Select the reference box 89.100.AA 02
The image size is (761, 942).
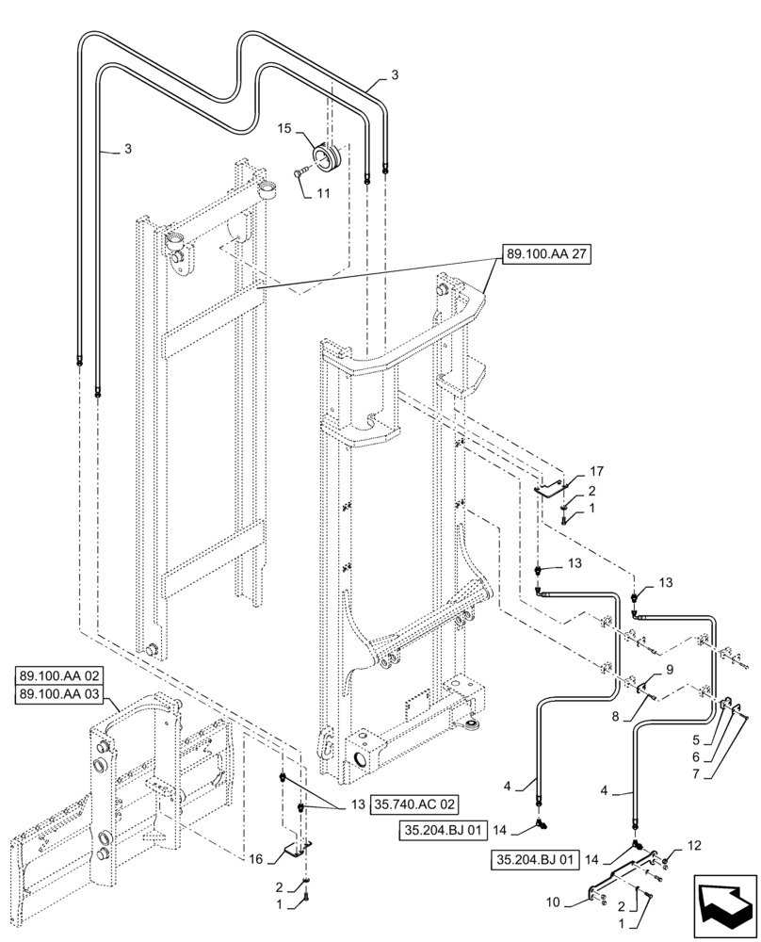coord(64,675)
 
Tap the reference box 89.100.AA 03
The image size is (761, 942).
coord(64,693)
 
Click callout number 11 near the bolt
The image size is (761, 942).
coord(322,194)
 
